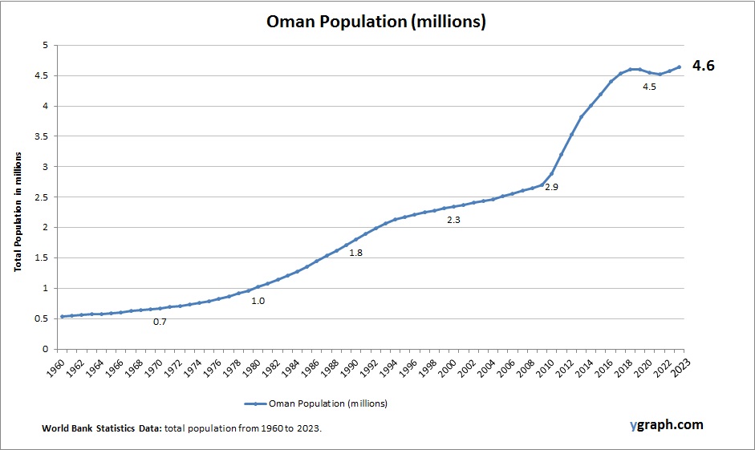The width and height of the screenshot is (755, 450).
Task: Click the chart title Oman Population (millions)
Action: pos(376,22)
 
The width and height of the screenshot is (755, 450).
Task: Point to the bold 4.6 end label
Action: pos(703,66)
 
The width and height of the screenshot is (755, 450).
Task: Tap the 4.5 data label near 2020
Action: pos(649,87)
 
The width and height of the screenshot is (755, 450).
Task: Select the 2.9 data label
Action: pos(551,187)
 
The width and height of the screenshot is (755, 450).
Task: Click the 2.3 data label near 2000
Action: pos(453,220)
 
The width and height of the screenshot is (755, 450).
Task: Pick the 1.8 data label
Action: pos(355,253)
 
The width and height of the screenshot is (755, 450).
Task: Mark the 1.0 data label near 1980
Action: pos(258,302)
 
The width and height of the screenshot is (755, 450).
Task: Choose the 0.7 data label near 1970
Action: pos(160,322)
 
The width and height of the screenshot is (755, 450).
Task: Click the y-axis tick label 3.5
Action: pos(42,136)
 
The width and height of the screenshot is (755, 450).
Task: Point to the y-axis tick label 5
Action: pos(46,45)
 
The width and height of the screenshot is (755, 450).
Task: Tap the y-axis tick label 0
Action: pos(46,349)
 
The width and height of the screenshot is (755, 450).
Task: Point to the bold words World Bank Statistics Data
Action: pos(102,429)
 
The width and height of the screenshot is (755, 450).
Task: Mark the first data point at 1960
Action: pos(62,316)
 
